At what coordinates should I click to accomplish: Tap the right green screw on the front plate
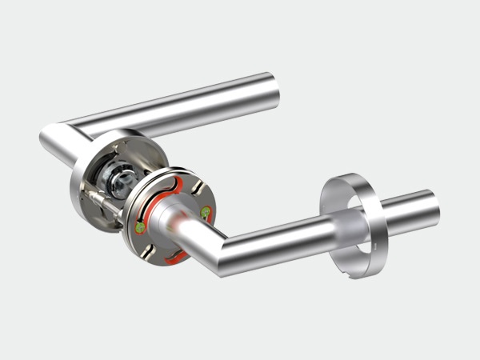pyautogui.click(x=206, y=212)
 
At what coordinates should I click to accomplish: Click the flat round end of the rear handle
pyautogui.click(x=273, y=90)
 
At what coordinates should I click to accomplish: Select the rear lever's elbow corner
pyautogui.click(x=56, y=139)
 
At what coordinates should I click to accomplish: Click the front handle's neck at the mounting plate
pyautogui.click(x=172, y=221)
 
